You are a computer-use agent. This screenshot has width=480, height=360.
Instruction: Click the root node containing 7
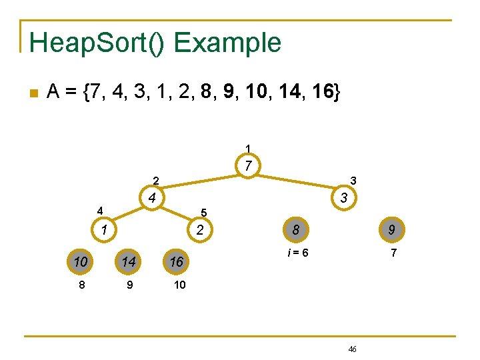247,165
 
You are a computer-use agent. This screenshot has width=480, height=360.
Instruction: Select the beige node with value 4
153,198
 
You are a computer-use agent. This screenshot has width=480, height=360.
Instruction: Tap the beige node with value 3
343,198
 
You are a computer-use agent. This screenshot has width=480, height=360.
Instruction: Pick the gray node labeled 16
177,262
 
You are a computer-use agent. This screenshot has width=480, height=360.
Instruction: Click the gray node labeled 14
129,262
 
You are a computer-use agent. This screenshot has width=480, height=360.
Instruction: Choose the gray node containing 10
81,262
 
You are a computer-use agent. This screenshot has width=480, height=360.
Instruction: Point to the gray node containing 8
295,230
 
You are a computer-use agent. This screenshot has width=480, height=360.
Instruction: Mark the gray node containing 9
391,230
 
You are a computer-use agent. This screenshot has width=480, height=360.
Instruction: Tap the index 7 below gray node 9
393,253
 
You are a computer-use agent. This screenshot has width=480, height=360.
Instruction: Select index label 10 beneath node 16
179,285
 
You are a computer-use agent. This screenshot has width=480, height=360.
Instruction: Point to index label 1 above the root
248,147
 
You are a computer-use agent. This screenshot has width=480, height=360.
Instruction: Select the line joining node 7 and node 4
200,181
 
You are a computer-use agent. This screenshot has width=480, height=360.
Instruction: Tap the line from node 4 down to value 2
177,214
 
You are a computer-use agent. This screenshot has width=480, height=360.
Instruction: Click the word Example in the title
227,43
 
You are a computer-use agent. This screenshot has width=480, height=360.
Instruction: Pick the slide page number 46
353,349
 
